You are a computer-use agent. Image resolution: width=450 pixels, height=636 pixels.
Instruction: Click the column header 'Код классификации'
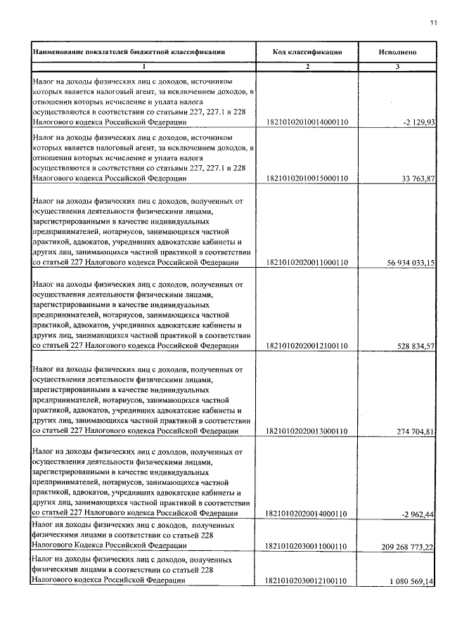pyautogui.click(x=307, y=52)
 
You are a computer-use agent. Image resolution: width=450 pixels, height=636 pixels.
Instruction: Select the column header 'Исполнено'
pyautogui.click(x=397, y=52)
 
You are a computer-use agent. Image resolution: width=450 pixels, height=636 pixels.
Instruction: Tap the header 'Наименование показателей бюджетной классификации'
pyautogui.click(x=129, y=52)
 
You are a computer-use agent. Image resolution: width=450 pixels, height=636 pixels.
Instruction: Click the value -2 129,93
pyautogui.click(x=420, y=122)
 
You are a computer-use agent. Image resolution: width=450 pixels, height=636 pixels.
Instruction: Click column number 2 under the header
pyautogui.click(x=307, y=67)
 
